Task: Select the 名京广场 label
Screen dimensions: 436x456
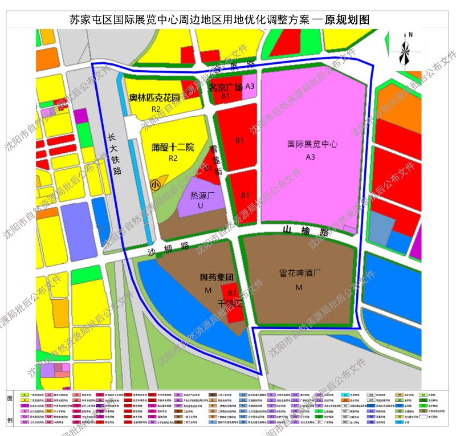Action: (x=226, y=87)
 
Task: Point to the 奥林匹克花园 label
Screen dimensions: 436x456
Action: (x=154, y=97)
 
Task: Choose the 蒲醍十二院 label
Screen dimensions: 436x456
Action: (x=173, y=147)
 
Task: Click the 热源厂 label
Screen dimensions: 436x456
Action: (x=201, y=195)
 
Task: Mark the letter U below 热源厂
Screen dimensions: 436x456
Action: (x=200, y=205)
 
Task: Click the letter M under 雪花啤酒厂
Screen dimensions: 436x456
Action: (x=299, y=287)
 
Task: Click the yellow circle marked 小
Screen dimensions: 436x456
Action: (x=154, y=185)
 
